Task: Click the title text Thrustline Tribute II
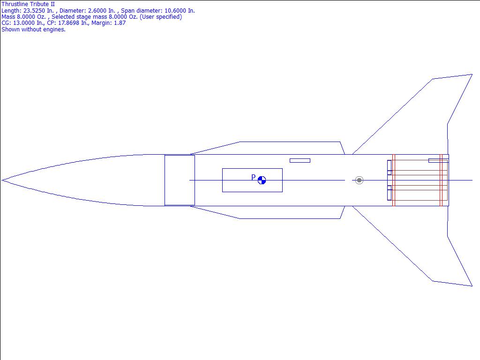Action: coord(28,4)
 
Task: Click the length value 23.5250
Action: coord(35,11)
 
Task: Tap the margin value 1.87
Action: coord(120,23)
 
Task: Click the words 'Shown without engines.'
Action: coord(33,30)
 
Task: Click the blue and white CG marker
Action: coord(262,180)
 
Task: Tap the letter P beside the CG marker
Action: coord(253,177)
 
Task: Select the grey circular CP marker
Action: coord(359,180)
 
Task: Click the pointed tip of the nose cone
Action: coord(2,180)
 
